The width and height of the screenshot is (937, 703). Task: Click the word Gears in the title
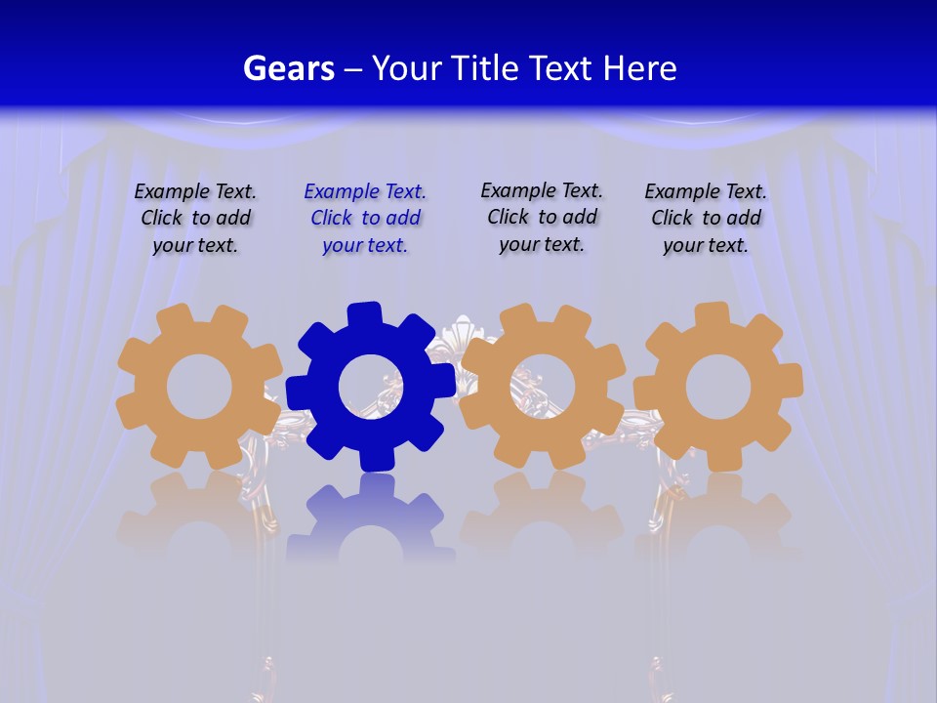288,68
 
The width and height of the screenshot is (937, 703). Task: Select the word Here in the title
639,68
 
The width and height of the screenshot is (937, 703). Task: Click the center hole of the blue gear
371,387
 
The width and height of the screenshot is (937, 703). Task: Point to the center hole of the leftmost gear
199,387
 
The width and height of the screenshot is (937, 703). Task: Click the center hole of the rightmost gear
718,388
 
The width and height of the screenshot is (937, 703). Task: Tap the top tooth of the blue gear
363,315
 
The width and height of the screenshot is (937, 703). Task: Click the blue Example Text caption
365,219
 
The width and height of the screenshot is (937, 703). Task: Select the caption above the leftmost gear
195,219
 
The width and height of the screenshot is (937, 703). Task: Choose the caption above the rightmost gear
706,219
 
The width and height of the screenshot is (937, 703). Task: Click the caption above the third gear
542,217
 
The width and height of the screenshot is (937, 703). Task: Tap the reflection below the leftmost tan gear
199,517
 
